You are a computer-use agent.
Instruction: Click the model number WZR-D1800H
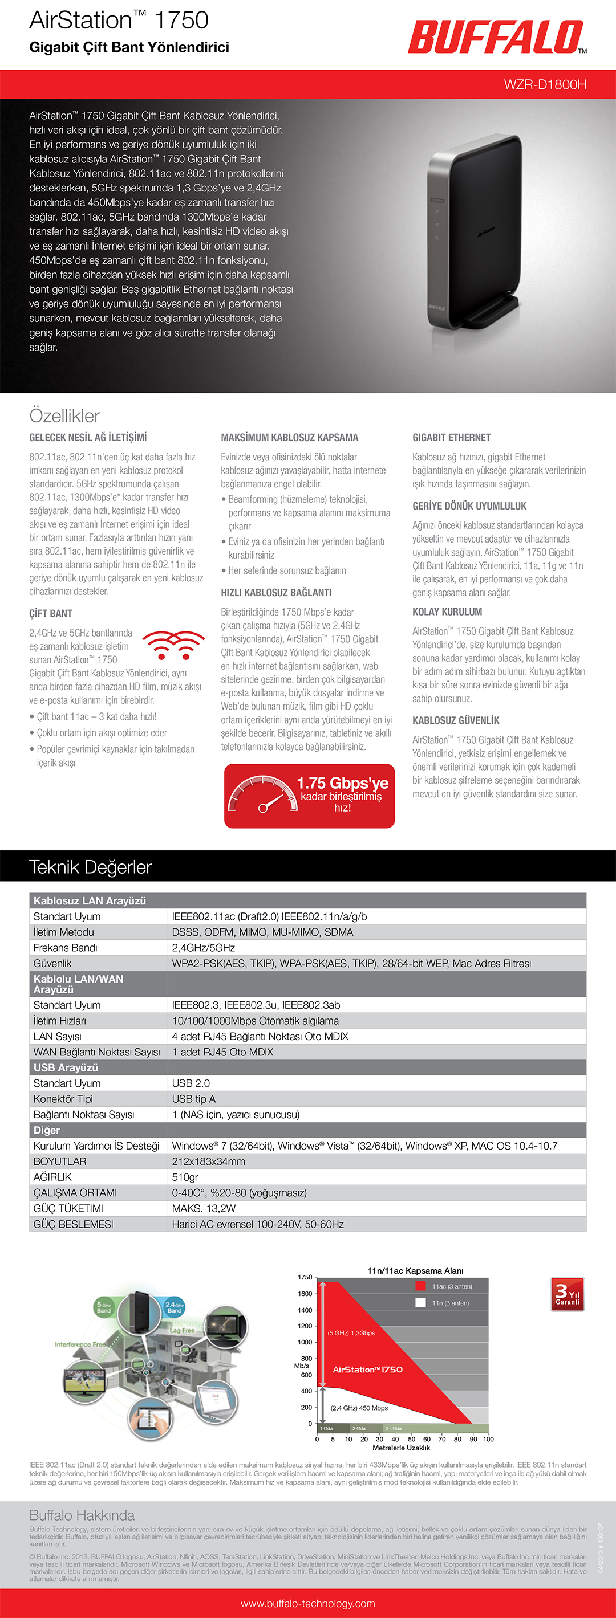(x=544, y=85)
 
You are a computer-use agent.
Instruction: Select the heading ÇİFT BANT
(x=51, y=613)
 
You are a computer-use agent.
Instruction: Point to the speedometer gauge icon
(x=262, y=796)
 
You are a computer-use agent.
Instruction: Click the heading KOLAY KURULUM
(x=447, y=612)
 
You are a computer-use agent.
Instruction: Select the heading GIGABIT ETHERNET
(x=451, y=437)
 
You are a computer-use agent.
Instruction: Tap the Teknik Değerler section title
(x=91, y=867)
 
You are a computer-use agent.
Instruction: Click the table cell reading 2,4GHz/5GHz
(x=204, y=948)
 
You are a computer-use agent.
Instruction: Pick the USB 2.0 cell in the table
(x=191, y=1083)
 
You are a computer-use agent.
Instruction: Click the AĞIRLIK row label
(x=53, y=1177)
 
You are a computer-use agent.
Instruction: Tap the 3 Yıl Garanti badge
(x=567, y=1294)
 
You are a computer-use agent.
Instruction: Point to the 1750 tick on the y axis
(x=305, y=1278)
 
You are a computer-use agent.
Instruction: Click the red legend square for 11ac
(x=421, y=1286)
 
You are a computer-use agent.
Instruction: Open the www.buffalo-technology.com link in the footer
(x=308, y=1604)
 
